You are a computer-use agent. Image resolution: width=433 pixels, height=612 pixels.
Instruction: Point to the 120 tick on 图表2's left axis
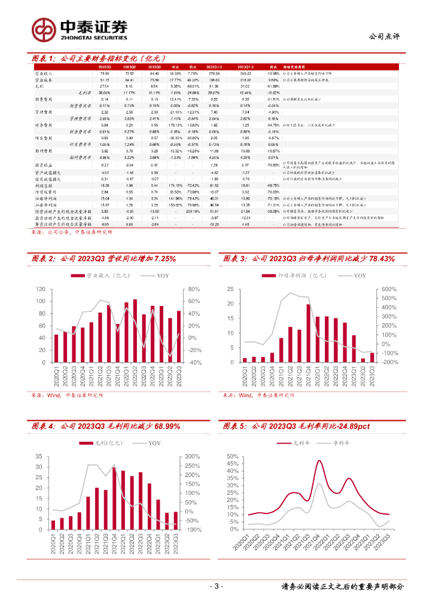tap(41, 289)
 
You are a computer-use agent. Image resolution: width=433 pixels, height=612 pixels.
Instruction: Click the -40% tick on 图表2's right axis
tap(195, 362)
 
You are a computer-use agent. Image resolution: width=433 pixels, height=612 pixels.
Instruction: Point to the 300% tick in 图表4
tap(192, 457)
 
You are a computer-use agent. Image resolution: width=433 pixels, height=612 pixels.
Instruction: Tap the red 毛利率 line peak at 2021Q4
tap(319, 461)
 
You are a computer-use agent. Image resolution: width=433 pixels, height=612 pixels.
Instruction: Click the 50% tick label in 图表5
tap(233, 457)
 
